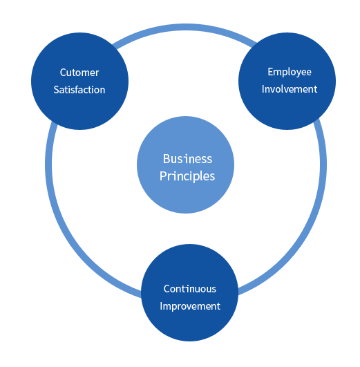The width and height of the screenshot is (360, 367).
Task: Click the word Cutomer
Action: click(x=79, y=73)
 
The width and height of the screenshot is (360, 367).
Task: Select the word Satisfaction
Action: click(x=79, y=90)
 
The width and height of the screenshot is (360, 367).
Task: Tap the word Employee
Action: click(x=290, y=72)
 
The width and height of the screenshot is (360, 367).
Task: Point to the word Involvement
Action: click(x=290, y=89)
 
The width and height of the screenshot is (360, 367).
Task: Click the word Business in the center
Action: click(x=188, y=159)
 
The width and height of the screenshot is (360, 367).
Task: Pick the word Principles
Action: click(x=187, y=176)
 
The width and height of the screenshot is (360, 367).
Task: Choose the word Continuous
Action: click(x=190, y=289)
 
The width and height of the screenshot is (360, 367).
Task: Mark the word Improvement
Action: click(x=190, y=306)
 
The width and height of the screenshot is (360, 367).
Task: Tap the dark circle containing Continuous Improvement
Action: click(x=189, y=328)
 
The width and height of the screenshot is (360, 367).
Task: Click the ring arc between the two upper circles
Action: click(x=185, y=27)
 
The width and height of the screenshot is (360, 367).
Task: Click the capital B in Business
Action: click(x=167, y=159)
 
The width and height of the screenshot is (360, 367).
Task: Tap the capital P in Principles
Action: click(x=162, y=176)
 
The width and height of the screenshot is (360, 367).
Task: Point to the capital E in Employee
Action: click(x=270, y=72)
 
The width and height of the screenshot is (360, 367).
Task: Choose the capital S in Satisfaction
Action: click(x=56, y=90)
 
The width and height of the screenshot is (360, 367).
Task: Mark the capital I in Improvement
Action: click(x=161, y=306)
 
